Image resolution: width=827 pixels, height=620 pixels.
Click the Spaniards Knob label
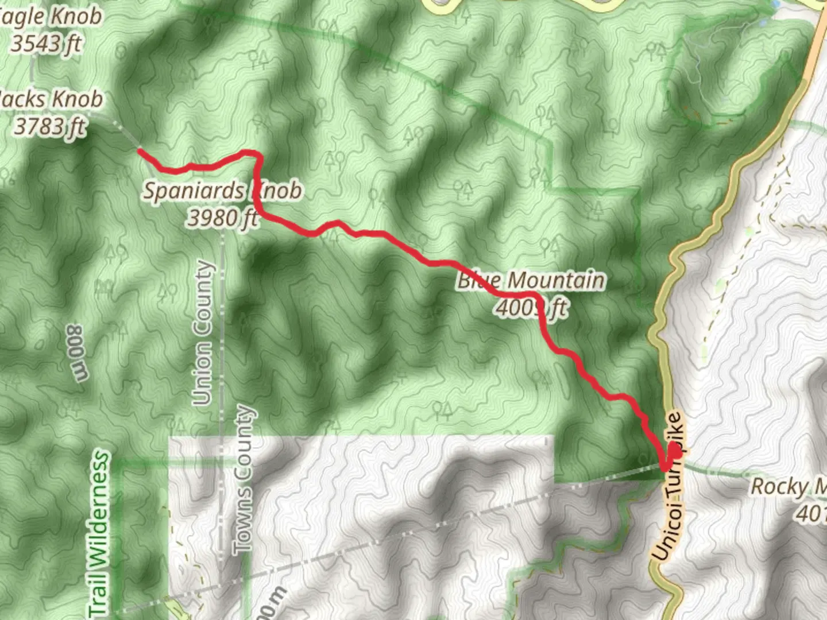(222, 191)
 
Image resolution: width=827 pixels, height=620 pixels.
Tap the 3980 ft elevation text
(223, 218)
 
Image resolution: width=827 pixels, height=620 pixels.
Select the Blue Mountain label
(531, 281)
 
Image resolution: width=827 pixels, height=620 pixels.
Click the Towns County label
(244, 479)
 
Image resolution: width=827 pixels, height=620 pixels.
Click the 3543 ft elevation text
(46, 43)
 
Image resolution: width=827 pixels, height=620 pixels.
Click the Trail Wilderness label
(99, 534)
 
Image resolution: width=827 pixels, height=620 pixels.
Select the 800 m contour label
(78, 352)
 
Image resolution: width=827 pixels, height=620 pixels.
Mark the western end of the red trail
(140, 151)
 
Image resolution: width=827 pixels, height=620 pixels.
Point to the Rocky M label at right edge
(788, 487)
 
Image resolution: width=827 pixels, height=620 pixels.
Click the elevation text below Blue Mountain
(531, 308)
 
